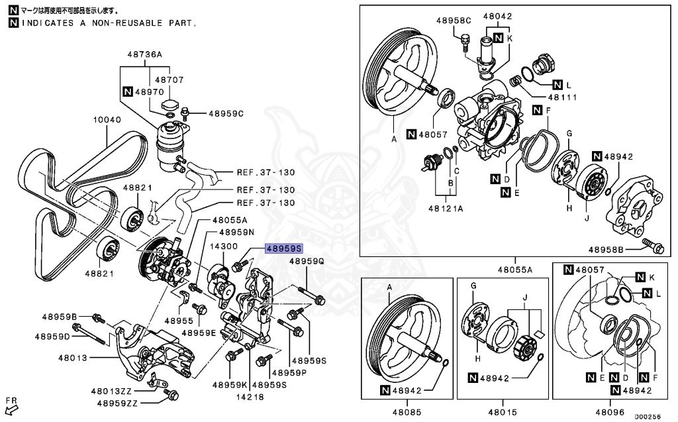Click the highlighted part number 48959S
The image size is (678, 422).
[283, 249]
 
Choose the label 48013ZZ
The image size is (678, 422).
[111, 391]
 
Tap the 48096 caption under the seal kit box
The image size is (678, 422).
[610, 411]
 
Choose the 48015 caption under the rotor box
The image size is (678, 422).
[501, 411]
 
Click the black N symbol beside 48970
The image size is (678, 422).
[128, 92]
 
